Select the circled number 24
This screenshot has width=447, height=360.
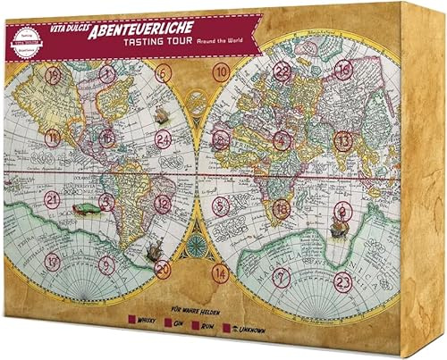(164, 140)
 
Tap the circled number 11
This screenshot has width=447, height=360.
(54, 138)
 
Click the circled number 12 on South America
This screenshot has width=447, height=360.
(162, 203)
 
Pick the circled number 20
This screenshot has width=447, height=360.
(162, 268)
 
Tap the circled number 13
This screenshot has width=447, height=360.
(342, 140)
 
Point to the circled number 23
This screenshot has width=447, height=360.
(342, 280)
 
